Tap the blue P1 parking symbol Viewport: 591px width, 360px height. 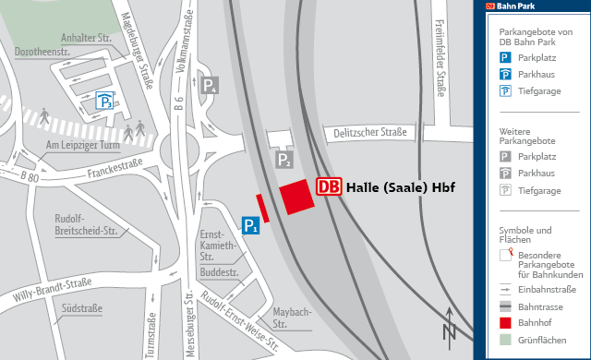(249, 224)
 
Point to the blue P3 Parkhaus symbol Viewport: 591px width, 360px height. (107, 102)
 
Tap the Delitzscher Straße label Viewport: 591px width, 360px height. (368, 133)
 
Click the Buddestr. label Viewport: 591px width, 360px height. (219, 274)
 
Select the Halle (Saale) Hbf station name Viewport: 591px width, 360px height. (401, 187)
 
